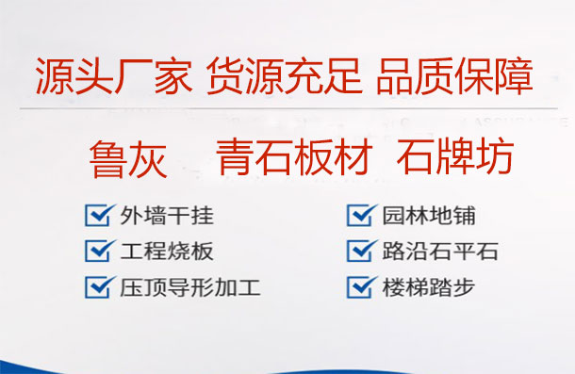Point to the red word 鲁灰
click(127, 158)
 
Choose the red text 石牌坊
click(455, 156)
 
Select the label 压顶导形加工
click(190, 285)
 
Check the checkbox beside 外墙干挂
click(98, 215)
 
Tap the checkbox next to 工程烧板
click(98, 251)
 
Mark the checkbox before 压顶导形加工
click(98, 285)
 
